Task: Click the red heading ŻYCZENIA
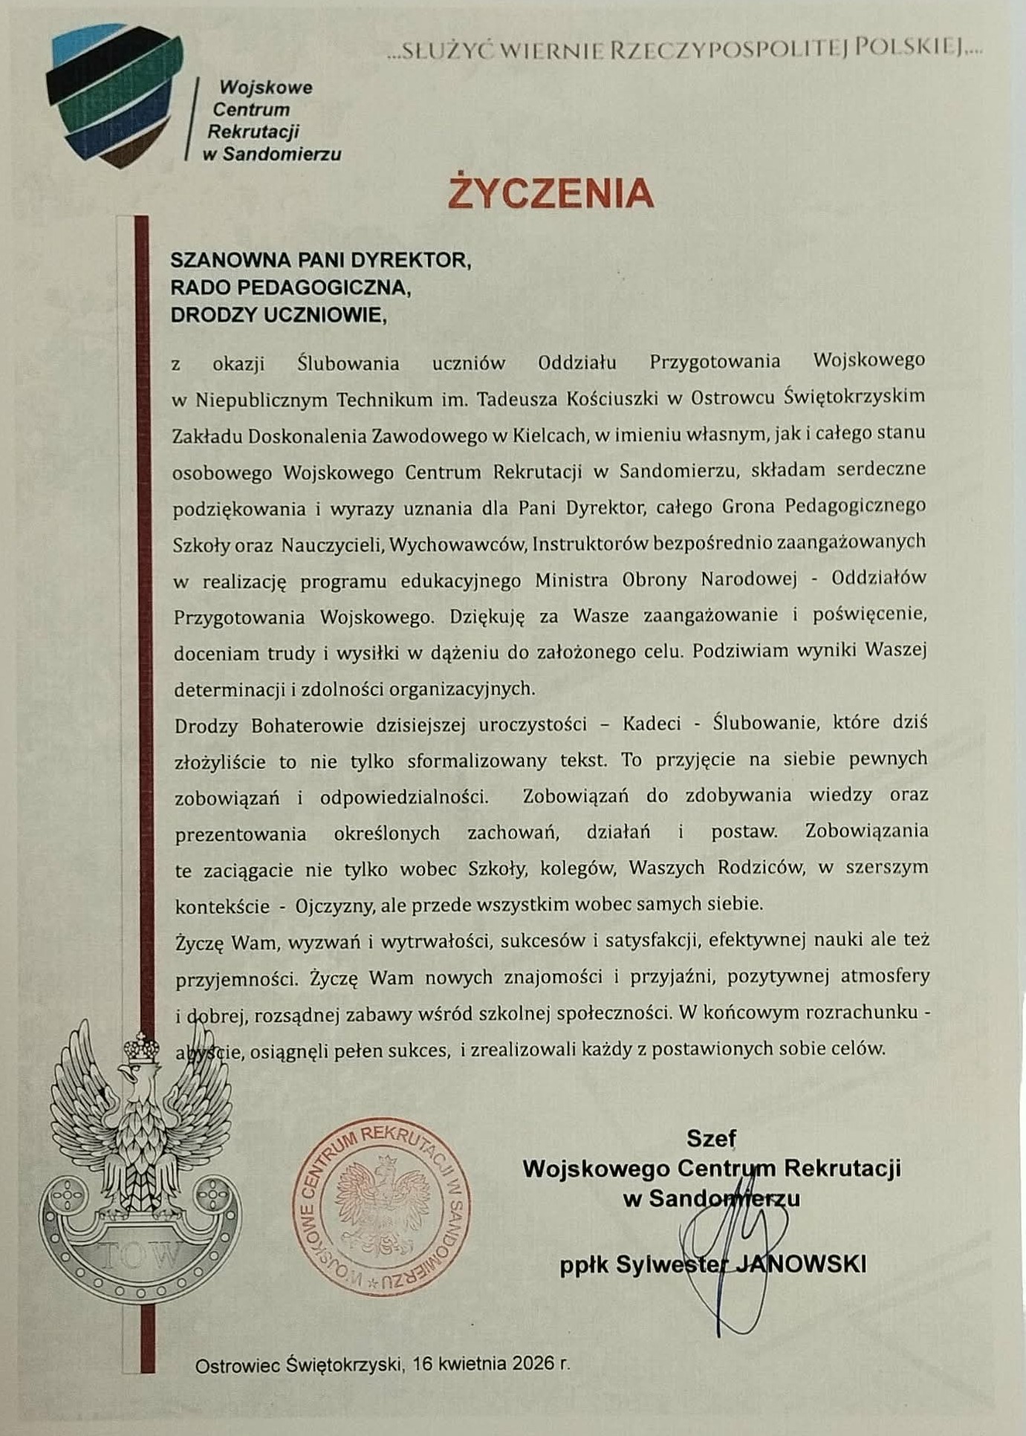551,193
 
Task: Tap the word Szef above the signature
711,1137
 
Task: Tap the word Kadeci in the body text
652,724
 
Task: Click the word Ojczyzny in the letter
337,905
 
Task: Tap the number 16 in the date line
423,1363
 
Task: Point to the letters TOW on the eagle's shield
140,1255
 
